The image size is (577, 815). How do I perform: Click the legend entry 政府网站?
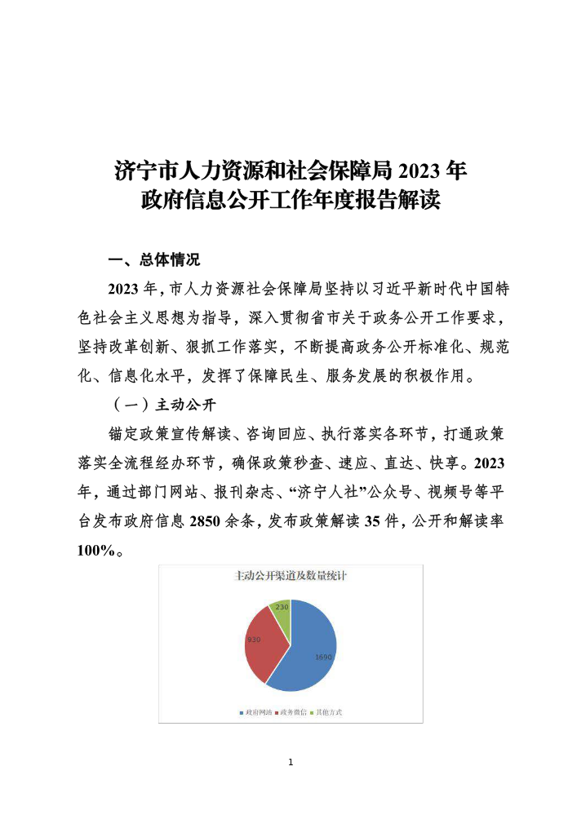click(255, 712)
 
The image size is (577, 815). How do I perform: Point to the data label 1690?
click(324, 656)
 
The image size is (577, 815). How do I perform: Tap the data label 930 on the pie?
click(254, 640)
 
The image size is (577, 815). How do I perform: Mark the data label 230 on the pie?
click(282, 606)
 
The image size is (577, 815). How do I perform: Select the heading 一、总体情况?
click(153, 260)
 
